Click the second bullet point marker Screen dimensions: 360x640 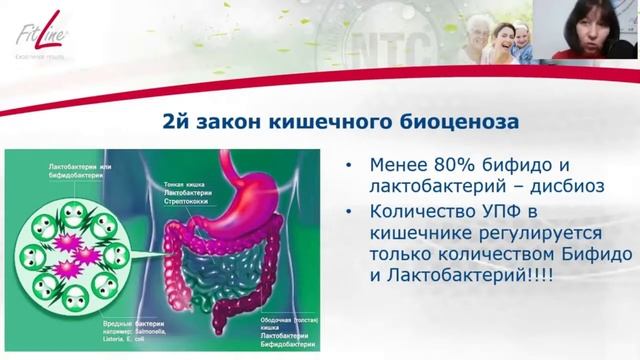tap(346, 212)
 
